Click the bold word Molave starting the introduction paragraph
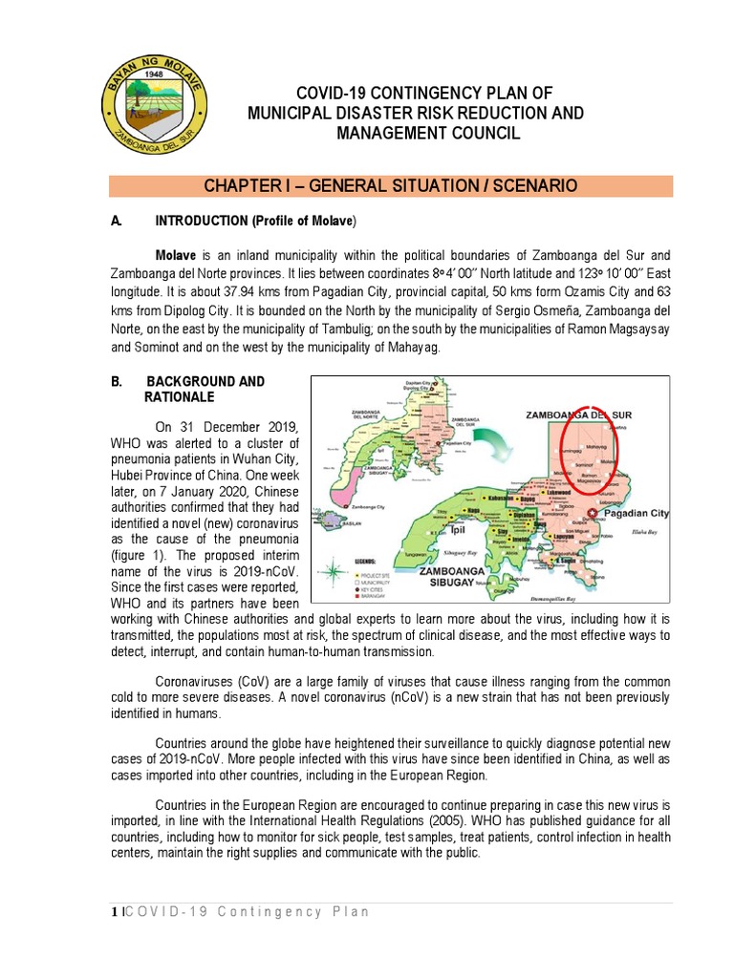pos(176,256)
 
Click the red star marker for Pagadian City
pos(593,513)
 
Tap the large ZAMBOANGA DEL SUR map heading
pos(579,415)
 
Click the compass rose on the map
pos(334,572)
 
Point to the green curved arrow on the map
pos(497,447)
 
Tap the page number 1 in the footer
pos(113,912)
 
